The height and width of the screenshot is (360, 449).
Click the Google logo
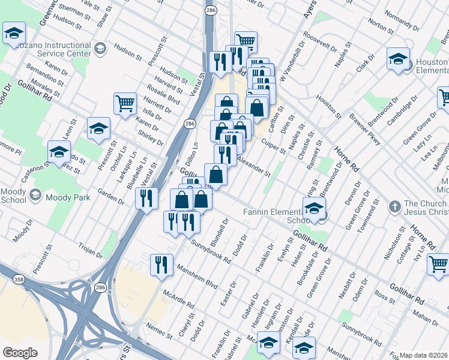point(20,353)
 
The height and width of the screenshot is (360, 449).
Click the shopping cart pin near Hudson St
point(125,104)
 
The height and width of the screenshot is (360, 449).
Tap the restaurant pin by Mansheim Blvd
point(161,264)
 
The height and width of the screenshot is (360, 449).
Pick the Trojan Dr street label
point(90,250)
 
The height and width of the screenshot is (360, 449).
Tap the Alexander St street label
point(253,165)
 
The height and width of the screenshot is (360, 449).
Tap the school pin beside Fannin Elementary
point(313,209)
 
